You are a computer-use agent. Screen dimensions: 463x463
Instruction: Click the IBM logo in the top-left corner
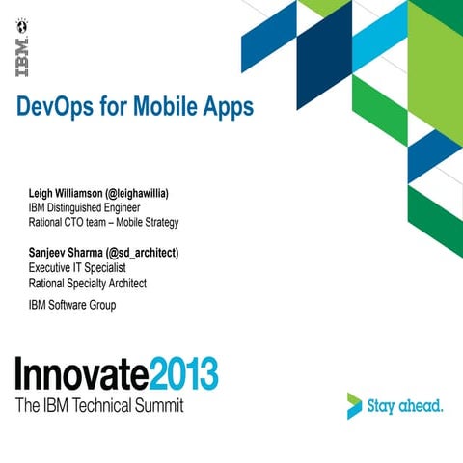click(20, 57)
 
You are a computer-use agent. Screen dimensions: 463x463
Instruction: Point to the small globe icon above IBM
click(20, 20)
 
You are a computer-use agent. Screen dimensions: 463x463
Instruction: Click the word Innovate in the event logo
click(81, 374)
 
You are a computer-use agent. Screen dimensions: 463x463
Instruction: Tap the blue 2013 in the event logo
click(184, 374)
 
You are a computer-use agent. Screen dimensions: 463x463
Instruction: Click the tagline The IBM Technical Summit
click(98, 405)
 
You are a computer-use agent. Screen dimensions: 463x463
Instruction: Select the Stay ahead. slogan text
click(406, 405)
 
